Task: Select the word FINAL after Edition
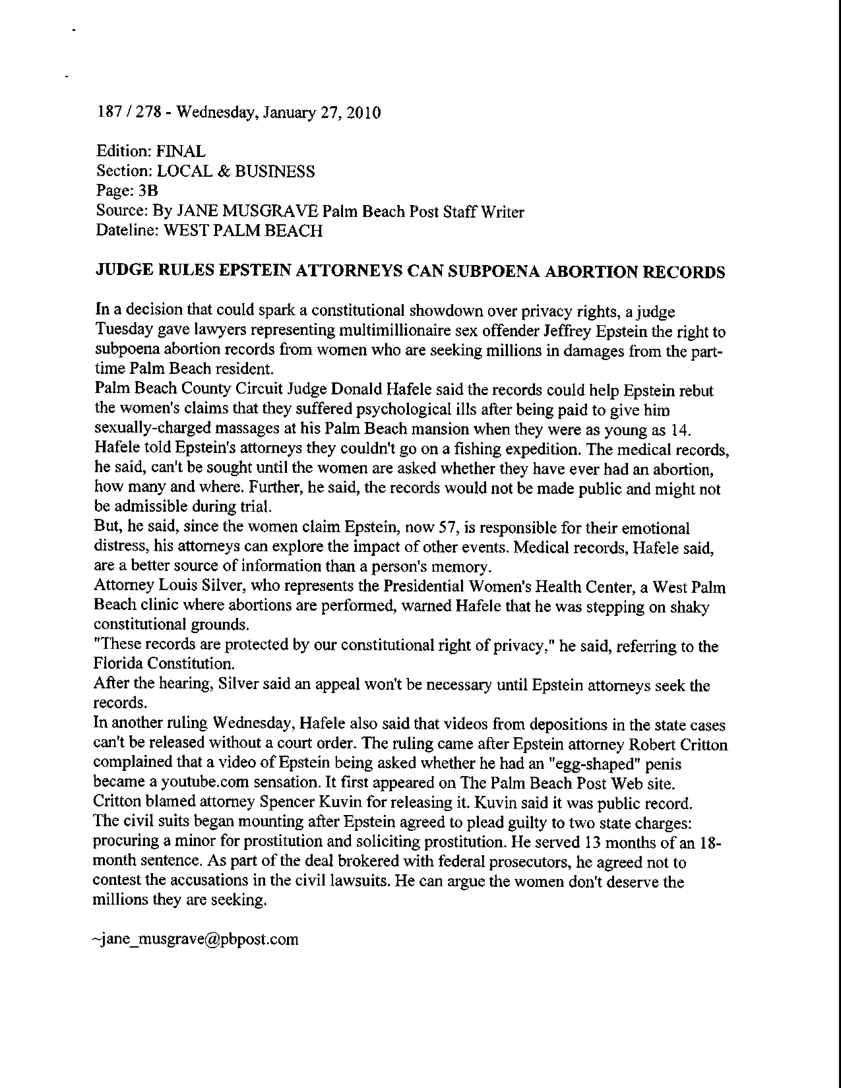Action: coord(181,151)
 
